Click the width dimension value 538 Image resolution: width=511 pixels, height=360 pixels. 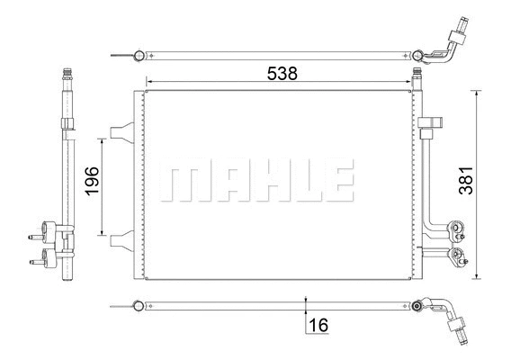coord(281,75)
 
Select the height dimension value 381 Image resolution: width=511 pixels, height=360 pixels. coord(488,184)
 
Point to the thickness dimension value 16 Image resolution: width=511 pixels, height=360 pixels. coord(318,326)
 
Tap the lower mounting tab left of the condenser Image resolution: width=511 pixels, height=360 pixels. coord(120,239)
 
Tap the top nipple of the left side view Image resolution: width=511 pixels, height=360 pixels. coord(66,72)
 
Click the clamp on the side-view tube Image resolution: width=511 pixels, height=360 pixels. coord(66,123)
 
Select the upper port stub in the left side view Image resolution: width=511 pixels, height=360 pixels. coord(37,237)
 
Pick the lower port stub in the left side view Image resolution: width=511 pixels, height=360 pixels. coord(37,263)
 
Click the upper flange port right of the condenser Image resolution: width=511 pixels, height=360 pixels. coord(458,231)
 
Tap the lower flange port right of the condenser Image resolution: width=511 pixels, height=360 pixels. coord(459,256)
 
